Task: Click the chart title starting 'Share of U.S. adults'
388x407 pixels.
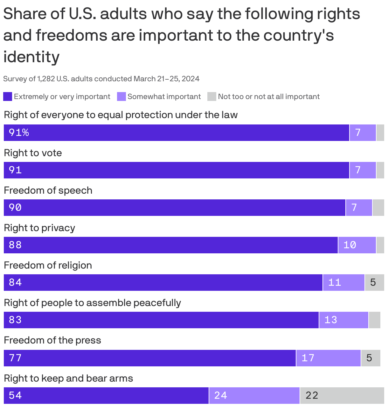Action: coord(181,35)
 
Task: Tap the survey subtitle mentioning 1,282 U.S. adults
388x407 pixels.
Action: coord(101,79)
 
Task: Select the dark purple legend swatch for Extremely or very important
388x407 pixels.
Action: coord(8,97)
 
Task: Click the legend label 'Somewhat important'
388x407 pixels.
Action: coord(164,97)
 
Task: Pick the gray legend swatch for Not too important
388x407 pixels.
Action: coord(211,97)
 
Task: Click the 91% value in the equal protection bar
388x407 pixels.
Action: coord(19,132)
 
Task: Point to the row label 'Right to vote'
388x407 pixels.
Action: coord(33,153)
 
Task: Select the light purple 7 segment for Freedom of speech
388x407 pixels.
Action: coord(358,208)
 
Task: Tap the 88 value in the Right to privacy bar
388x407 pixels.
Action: coord(15,245)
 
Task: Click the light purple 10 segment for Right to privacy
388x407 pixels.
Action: coord(357,245)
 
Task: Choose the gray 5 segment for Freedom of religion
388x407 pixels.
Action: coord(374,282)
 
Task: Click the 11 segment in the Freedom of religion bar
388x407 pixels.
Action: coord(343,282)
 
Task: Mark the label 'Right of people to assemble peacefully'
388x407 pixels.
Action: coord(92,303)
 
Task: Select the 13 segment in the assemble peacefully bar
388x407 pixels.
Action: coord(343,320)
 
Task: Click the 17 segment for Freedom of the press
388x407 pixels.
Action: coord(328,358)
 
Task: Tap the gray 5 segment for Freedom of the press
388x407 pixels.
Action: coord(370,358)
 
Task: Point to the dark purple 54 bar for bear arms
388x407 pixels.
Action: coord(106,395)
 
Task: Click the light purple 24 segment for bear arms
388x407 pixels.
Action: coord(254,395)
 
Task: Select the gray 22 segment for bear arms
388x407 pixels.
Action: coord(342,395)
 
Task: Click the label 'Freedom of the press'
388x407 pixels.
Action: coord(52,340)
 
